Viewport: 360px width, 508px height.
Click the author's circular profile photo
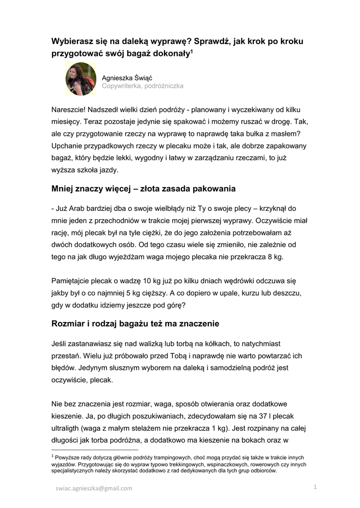coord(81,79)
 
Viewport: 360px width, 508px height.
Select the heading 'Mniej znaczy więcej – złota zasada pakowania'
coord(144,189)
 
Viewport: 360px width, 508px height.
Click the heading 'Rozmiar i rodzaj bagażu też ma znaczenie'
coord(135,324)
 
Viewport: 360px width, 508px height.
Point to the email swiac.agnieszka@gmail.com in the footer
coord(94,488)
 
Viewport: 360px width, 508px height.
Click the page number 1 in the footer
coord(315,488)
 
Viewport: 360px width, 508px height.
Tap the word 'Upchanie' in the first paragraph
coord(67,146)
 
